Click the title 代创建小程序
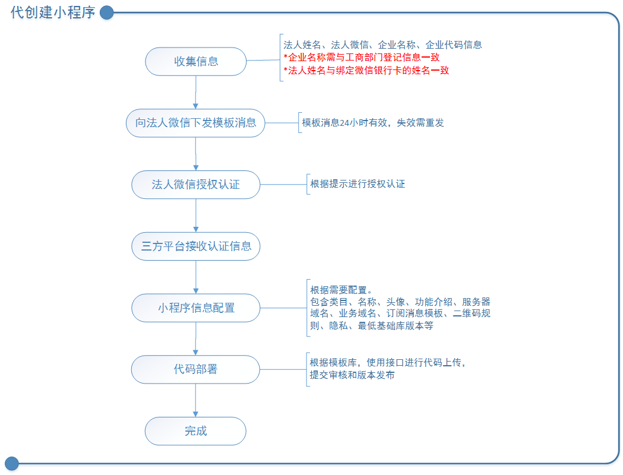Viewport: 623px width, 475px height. point(53,12)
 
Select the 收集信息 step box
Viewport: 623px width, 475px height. point(195,61)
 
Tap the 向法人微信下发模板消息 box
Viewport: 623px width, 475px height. point(195,123)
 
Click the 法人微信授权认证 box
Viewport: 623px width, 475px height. point(195,185)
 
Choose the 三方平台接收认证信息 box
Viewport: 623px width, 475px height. point(195,246)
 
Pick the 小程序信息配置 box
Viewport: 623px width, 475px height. point(195,308)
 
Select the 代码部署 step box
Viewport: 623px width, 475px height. point(195,369)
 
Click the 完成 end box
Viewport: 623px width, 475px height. point(195,431)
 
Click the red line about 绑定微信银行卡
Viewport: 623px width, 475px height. point(366,70)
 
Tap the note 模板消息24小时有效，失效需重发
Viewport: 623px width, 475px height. point(373,123)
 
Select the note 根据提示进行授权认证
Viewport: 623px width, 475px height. point(358,184)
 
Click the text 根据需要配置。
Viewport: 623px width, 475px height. point(341,290)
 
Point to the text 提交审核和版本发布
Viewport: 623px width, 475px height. point(352,375)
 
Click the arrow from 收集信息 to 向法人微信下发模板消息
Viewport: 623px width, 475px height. point(195,92)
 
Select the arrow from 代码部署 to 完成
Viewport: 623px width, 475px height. point(195,400)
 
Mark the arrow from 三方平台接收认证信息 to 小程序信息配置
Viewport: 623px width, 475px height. point(195,277)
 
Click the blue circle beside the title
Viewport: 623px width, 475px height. point(106,12)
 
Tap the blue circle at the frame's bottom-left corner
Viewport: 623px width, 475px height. point(12,463)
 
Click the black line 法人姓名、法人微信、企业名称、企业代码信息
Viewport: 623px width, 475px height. point(382,45)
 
